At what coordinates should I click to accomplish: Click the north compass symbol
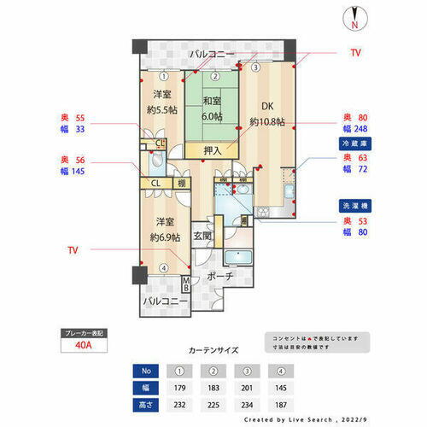[354, 18]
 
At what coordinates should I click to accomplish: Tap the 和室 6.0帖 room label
[211, 109]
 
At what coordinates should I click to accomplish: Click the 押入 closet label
[213, 151]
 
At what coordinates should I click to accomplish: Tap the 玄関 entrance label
[202, 236]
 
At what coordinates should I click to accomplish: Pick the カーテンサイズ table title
[213, 350]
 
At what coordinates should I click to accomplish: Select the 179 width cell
[181, 387]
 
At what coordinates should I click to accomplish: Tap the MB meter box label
[187, 284]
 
